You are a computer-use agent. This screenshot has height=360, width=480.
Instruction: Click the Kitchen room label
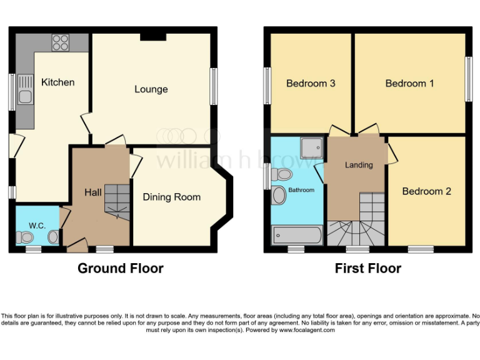(57, 82)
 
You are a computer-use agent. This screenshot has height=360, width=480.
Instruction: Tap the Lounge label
(151, 89)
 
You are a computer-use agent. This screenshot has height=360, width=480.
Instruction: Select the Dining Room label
(172, 197)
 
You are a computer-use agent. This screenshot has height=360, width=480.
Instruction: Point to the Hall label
(93, 192)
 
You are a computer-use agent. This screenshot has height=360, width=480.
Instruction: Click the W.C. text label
(37, 225)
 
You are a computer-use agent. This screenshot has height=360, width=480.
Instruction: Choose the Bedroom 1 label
(409, 83)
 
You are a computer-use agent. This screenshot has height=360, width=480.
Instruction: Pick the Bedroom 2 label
(426, 191)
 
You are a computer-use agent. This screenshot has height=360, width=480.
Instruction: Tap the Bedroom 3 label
(311, 83)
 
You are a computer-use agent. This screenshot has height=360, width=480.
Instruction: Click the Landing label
(359, 165)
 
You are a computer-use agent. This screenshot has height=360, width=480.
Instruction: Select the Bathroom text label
(301, 189)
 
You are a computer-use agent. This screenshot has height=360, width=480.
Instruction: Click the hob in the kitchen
(61, 42)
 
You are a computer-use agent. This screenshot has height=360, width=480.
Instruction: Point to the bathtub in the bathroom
(297, 236)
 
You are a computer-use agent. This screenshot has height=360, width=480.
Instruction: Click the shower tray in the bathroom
(311, 147)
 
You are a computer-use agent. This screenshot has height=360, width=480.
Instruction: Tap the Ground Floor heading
(120, 269)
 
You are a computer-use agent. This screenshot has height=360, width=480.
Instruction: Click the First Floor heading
(367, 269)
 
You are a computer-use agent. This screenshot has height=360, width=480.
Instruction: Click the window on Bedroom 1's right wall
(468, 79)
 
